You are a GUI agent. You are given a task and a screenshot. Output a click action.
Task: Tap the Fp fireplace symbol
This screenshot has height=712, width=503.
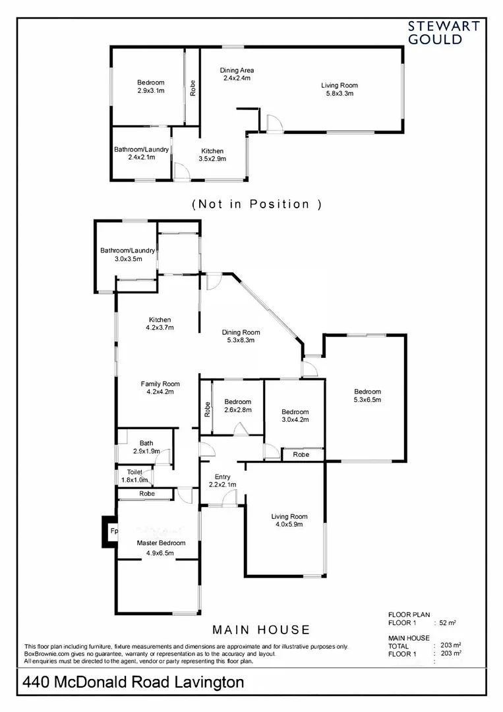pos(113,531)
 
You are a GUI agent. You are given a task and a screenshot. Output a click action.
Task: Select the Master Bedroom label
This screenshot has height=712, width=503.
pos(161,543)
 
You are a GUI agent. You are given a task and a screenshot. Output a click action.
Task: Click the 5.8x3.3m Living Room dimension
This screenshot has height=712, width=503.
pos(340,94)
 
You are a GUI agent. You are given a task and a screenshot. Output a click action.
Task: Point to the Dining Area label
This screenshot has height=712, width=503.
pos(237,70)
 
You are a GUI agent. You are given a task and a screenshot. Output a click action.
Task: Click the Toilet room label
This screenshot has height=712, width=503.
pos(134,472)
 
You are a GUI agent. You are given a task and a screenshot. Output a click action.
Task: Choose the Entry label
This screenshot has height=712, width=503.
pos(223,477)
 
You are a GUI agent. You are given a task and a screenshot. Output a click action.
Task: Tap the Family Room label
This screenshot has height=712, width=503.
pos(160,384)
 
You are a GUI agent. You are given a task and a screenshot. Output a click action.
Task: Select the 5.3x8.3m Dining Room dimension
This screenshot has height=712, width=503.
pos(240,341)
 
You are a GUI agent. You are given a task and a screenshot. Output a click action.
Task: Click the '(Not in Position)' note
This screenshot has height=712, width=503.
pos(256,204)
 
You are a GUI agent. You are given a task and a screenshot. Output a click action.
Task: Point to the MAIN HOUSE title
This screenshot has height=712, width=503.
pos(261,630)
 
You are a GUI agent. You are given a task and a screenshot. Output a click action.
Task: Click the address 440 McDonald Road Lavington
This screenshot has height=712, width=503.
pos(133,682)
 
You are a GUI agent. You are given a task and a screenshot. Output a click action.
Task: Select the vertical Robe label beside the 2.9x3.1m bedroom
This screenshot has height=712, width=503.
pos(192,88)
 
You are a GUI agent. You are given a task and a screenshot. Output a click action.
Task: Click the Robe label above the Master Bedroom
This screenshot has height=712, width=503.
pos(146,493)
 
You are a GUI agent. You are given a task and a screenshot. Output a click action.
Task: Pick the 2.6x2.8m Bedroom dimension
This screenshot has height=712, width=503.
pos(237,410)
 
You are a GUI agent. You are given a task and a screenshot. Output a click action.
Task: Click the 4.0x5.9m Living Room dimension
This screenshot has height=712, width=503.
pos(289,525)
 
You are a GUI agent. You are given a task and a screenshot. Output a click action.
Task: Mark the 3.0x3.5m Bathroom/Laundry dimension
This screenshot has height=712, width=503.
pos(127,258)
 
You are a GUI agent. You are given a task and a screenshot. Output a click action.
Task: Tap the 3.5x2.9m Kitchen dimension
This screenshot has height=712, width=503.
pos(212,159)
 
